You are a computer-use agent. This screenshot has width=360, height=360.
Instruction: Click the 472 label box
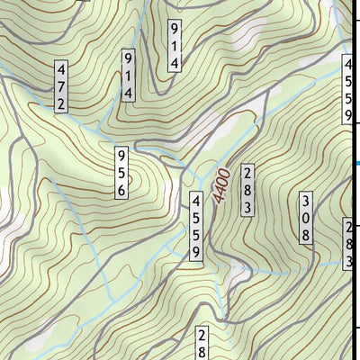pyautogui.click(x=61, y=86)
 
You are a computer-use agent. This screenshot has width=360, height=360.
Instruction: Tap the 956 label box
pyautogui.click(x=120, y=172)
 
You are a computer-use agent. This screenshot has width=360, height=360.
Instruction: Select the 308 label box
pyautogui.click(x=306, y=218)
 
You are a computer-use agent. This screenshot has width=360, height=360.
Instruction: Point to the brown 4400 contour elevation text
pyautogui.click(x=221, y=186)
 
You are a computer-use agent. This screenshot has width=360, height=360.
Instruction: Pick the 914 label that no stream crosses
pyautogui.click(x=175, y=46)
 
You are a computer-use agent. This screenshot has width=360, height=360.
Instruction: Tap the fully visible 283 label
pyautogui.click(x=247, y=189)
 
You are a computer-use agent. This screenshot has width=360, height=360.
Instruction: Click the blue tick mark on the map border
pyautogui.click(x=356, y=163)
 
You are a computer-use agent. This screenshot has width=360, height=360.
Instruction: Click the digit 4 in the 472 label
pyautogui.click(x=61, y=69)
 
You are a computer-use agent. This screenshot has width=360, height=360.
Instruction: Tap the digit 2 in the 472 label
pyautogui.click(x=61, y=103)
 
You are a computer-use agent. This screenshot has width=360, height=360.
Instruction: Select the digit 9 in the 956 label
pyautogui.click(x=120, y=155)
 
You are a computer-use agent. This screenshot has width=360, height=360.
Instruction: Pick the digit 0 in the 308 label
pyautogui.click(x=306, y=218)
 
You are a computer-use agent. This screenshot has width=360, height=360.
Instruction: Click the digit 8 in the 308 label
pyautogui.click(x=306, y=235)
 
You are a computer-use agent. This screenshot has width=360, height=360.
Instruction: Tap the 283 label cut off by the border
pyautogui.click(x=349, y=244)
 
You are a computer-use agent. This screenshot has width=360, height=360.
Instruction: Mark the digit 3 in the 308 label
pyautogui.click(x=306, y=201)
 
